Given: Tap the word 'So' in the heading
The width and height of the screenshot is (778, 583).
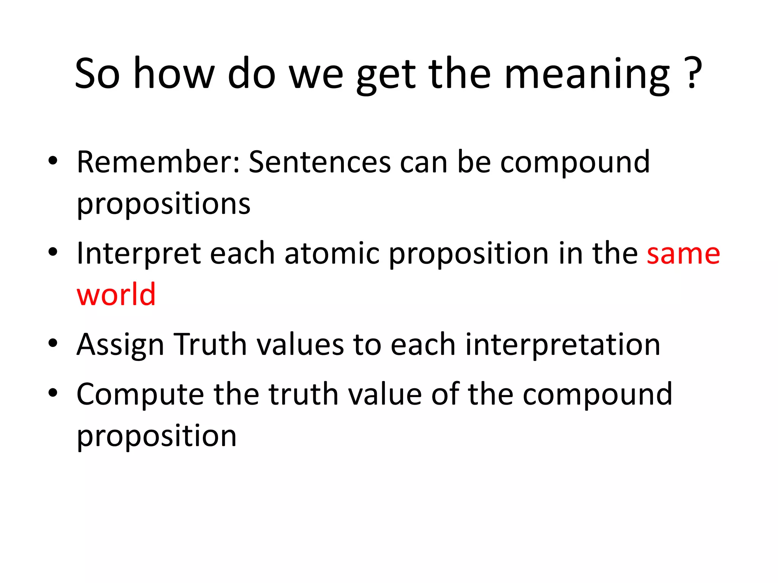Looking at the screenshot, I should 98,74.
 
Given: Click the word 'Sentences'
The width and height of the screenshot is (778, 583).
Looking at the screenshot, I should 320,162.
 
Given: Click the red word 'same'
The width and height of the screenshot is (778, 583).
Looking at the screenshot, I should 683,254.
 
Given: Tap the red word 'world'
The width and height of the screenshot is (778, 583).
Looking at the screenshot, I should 116,295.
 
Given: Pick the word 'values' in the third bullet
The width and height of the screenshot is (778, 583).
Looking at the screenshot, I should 300,345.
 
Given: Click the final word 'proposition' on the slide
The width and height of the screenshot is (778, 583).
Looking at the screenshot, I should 157,436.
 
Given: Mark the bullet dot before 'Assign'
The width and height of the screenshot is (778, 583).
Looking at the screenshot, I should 53,343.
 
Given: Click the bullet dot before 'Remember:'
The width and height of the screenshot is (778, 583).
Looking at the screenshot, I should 53,161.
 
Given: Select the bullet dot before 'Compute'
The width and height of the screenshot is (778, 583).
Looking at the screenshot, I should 53,393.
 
